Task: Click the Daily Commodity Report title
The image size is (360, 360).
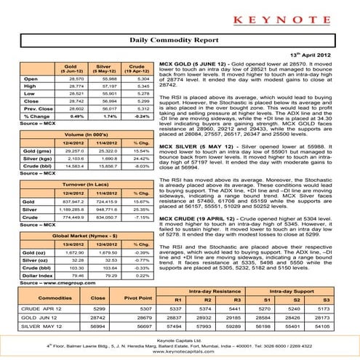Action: (x=180, y=43)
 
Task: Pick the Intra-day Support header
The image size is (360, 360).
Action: (x=295, y=292)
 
